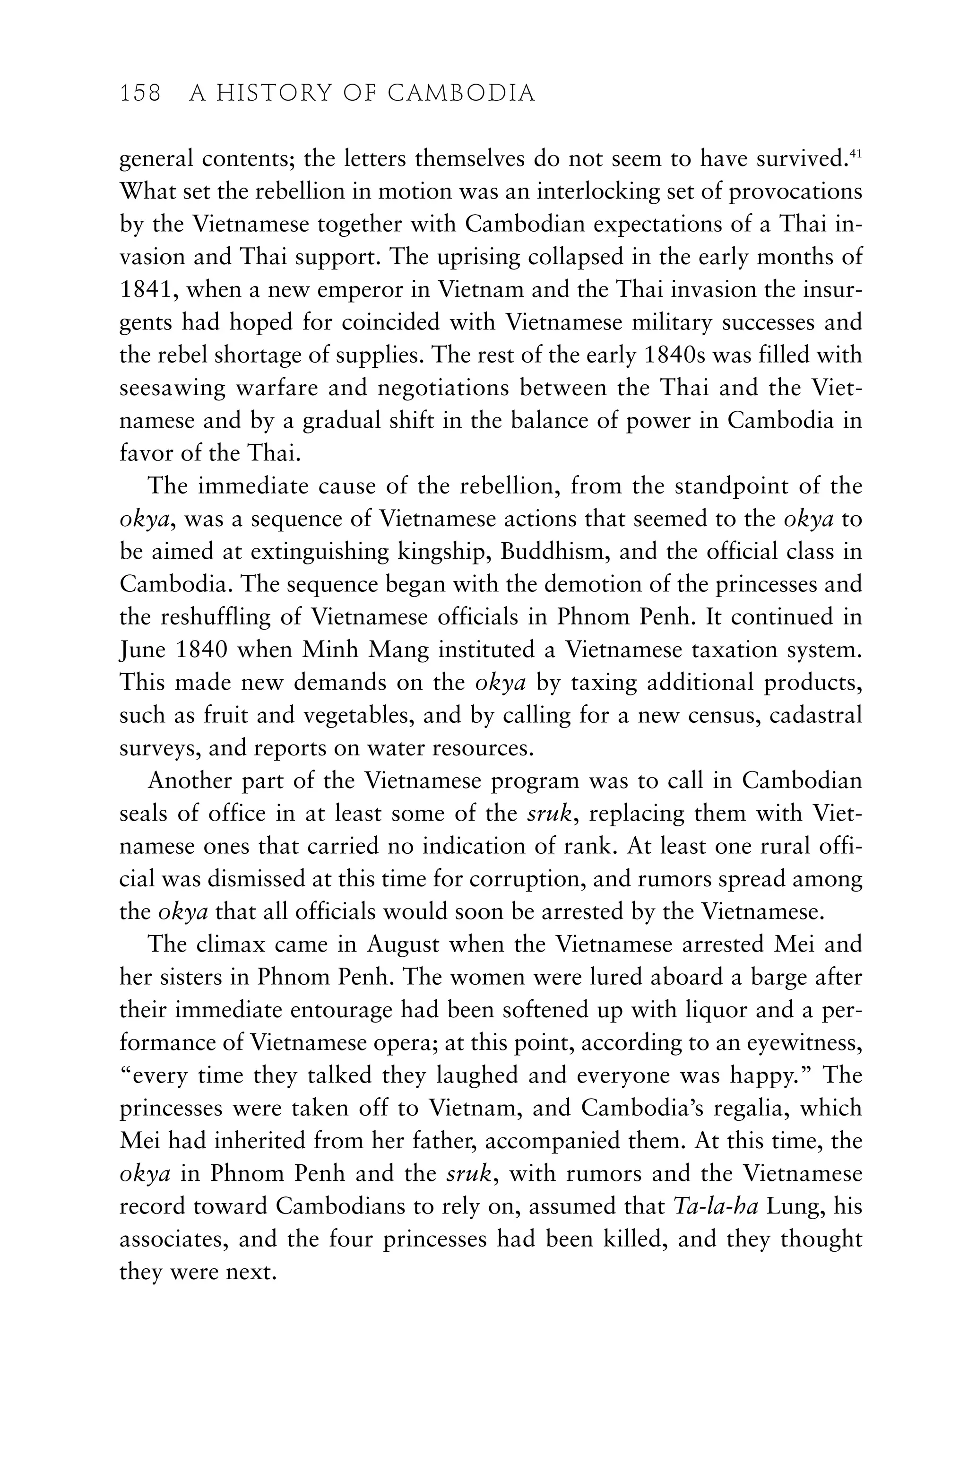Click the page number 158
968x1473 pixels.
point(140,94)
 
